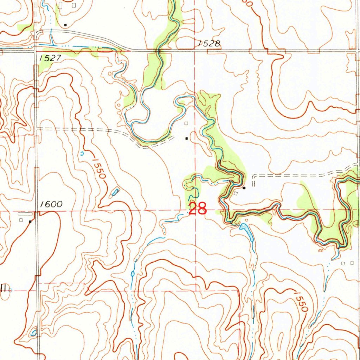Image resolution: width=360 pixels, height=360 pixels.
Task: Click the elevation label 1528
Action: (209, 44)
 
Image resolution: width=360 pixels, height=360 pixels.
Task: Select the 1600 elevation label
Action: (51, 204)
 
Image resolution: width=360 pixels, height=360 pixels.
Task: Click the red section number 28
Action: (197, 209)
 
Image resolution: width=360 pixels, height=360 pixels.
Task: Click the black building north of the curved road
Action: (65, 25)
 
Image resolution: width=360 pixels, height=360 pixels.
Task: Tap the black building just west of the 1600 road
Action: (30, 221)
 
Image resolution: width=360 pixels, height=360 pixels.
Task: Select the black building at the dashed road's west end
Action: (244, 188)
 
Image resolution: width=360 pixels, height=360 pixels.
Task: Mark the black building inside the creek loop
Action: (187, 139)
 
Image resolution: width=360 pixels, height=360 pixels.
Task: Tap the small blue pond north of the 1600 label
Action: (115, 192)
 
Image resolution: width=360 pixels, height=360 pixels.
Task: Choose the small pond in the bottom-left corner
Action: (34, 332)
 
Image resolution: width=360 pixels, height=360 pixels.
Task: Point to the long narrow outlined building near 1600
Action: (24, 213)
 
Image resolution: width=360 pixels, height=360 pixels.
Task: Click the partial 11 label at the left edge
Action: (4, 288)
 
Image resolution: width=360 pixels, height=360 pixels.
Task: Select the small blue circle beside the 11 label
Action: (11, 290)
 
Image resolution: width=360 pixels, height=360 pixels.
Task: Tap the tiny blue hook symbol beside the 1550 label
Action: (82, 153)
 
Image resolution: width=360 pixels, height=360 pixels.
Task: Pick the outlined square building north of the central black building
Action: (186, 123)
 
